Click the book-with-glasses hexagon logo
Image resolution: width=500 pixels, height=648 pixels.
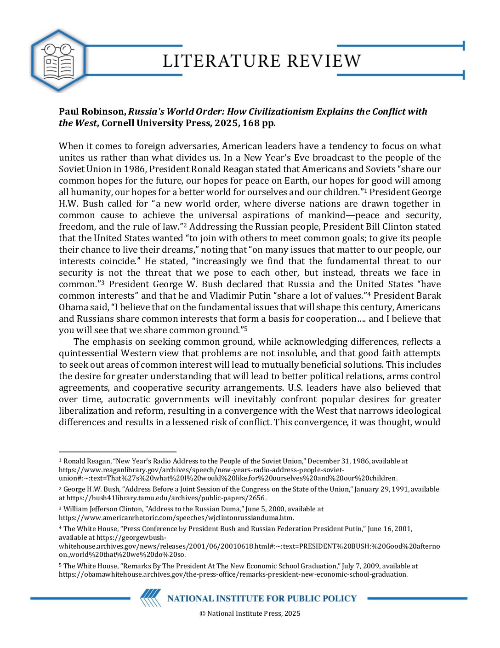tap(58, 60)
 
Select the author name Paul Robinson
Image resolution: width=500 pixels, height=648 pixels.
tap(91, 111)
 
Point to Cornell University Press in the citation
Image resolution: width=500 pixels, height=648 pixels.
tap(154, 123)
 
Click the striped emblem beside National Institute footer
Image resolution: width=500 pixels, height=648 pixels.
tap(151, 598)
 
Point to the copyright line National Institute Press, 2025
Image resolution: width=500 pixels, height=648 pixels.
tap(250, 613)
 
